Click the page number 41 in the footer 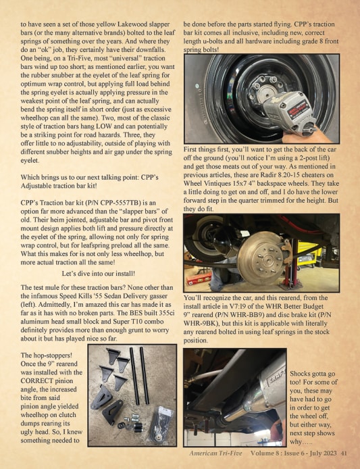coord(344,453)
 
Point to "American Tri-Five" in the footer coord(215,453)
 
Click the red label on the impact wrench coord(298,109)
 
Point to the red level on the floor coord(199,278)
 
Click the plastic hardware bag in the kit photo coord(161,424)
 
